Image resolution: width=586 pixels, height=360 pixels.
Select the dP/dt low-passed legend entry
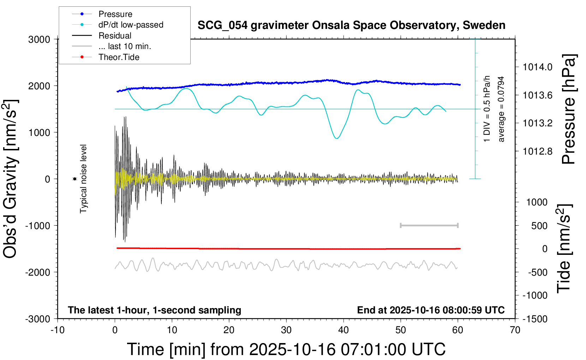131,25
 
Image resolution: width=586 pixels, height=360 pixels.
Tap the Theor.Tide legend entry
119,57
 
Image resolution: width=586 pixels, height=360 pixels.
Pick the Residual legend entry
115,36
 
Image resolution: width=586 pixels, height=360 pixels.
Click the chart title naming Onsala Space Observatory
351,25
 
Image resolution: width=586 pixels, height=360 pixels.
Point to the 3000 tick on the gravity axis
39,40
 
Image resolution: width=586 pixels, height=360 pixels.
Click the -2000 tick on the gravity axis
37,272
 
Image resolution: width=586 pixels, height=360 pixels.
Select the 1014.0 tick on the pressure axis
537,67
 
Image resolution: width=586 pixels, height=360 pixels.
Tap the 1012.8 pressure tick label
537,151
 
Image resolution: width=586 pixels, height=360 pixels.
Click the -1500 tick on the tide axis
535,319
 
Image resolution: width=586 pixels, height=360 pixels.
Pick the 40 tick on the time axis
343,330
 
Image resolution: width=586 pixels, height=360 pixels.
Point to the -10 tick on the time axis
58,330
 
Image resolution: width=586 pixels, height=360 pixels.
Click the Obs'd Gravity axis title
11,179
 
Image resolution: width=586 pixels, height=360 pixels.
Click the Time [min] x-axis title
286,349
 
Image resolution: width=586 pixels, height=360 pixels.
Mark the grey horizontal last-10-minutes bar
429,225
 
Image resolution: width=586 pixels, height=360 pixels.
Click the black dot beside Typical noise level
75,179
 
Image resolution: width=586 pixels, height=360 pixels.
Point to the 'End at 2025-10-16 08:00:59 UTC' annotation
431,310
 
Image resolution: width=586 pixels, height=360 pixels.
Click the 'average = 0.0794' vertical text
501,109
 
